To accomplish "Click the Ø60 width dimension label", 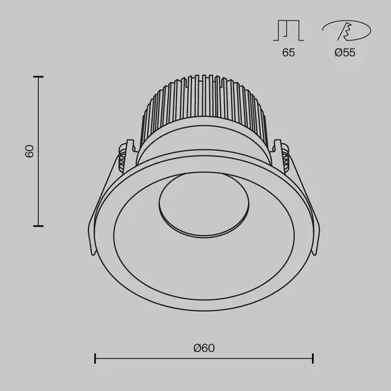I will [204, 348].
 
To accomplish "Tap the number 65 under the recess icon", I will [288, 53].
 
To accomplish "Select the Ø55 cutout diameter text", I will [345, 53].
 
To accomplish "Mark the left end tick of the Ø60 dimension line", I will [95, 359].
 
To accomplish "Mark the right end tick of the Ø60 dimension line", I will [313, 359].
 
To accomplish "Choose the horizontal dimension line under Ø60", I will [204, 359].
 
